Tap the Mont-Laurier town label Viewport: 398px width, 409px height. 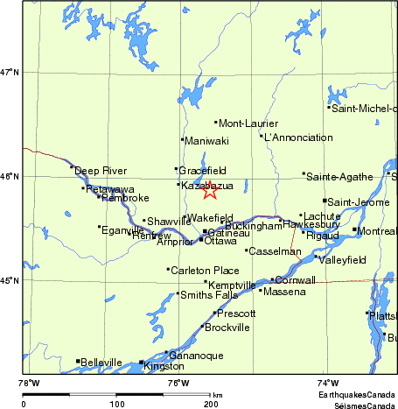point(241,123)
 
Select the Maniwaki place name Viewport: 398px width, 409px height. point(208,140)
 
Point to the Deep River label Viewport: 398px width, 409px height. point(101,171)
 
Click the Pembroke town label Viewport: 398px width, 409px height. point(126,198)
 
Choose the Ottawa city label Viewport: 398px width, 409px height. point(220,241)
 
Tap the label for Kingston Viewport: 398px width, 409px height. point(164,366)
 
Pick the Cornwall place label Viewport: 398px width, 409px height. point(295,280)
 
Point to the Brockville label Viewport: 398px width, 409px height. point(227,328)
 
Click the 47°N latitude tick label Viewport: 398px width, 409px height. point(10,72)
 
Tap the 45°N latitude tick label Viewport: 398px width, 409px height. point(10,281)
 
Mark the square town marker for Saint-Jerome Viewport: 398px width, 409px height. point(324,201)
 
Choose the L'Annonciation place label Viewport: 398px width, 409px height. point(298,138)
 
